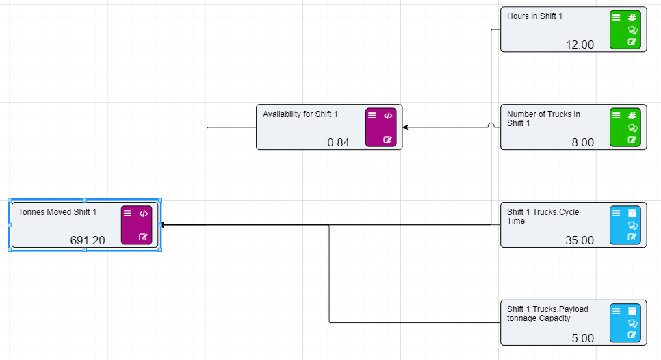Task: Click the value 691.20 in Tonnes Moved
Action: point(88,240)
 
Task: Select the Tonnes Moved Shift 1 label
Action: point(57,212)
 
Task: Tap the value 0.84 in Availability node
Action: point(338,142)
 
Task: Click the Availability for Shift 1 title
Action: point(300,114)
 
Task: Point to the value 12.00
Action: point(580,44)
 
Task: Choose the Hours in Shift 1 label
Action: point(534,16)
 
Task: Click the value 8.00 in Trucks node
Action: point(582,142)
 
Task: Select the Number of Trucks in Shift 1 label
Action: point(543,118)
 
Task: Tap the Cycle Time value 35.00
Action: point(580,240)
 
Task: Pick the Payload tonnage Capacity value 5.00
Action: point(582,338)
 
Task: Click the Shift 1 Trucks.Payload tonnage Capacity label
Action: point(547,313)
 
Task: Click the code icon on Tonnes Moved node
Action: point(143,214)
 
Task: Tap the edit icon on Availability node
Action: point(388,140)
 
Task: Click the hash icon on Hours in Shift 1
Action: point(632,18)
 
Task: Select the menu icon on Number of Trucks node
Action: point(617,116)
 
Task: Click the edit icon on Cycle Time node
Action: point(632,237)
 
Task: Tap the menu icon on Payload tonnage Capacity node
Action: point(617,311)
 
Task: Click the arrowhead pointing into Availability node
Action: point(406,127)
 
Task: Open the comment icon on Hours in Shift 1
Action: point(632,30)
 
